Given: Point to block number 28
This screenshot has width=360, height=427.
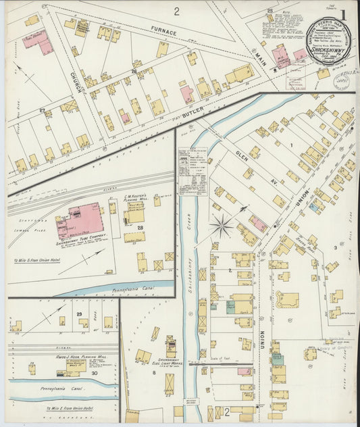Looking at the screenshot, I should pyautogui.click(x=140, y=229).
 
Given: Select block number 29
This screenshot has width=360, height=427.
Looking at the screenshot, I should pyautogui.click(x=79, y=315).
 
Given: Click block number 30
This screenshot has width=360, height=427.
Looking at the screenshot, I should pyautogui.click(x=94, y=372).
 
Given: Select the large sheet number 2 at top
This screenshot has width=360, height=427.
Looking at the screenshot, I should pyautogui.click(x=176, y=10).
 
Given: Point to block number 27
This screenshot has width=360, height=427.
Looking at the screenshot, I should pyautogui.click(x=42, y=109).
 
